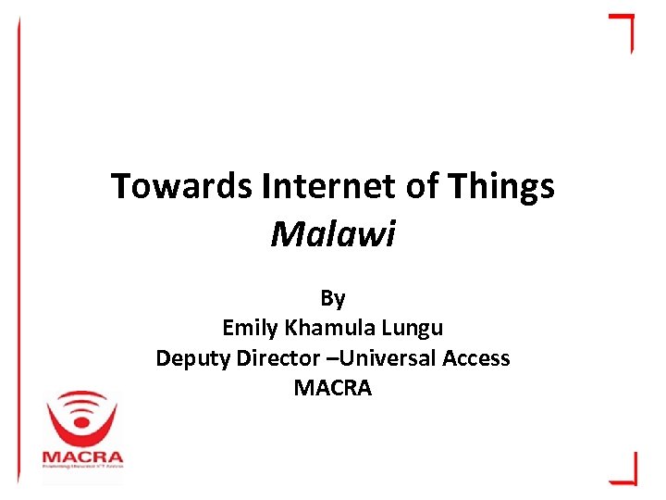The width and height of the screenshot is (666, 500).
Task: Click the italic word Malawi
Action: click(x=333, y=234)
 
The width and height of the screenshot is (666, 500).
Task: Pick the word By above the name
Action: click(x=333, y=298)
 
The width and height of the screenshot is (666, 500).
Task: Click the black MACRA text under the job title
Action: click(x=333, y=388)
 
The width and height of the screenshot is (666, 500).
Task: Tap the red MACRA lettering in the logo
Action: click(x=82, y=457)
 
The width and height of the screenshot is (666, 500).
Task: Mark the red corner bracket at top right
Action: click(x=623, y=28)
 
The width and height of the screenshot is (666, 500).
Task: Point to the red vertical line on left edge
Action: click(x=18, y=250)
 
